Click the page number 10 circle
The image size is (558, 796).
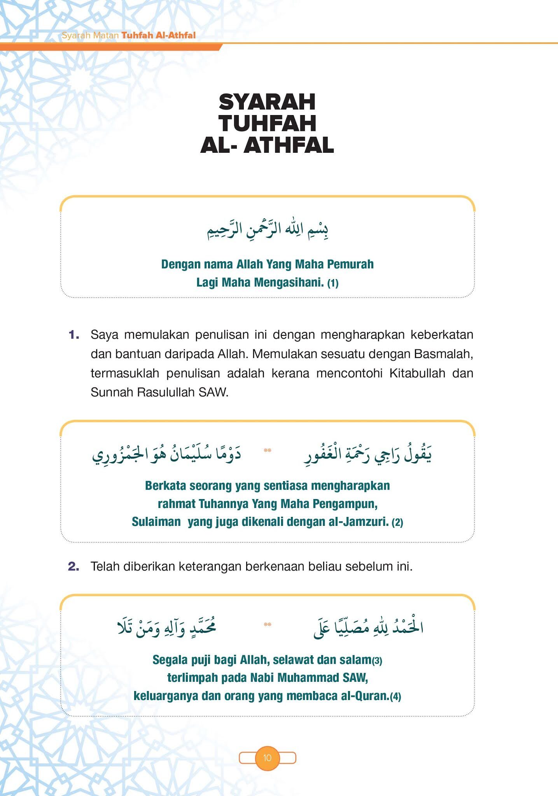267,758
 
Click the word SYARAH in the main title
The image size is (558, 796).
267,102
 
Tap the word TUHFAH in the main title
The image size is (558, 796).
267,124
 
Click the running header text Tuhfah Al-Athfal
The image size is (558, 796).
158,35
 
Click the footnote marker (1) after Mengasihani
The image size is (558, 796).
333,283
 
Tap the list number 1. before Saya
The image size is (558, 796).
74,335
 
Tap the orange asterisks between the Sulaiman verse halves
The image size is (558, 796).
267,450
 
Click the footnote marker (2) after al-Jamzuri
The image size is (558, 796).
397,522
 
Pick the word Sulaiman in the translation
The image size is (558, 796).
156,522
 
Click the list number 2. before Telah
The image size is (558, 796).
74,566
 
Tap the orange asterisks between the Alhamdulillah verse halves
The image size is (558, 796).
267,625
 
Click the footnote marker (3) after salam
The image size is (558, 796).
377,660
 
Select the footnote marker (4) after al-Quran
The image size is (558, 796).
395,696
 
